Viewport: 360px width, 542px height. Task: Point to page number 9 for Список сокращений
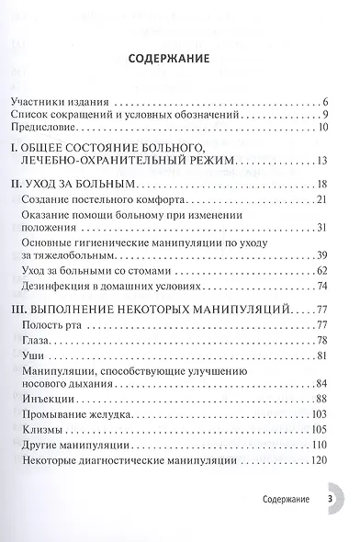[326, 115]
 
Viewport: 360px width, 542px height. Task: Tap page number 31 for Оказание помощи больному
[322, 229]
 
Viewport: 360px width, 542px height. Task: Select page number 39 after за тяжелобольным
[322, 255]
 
